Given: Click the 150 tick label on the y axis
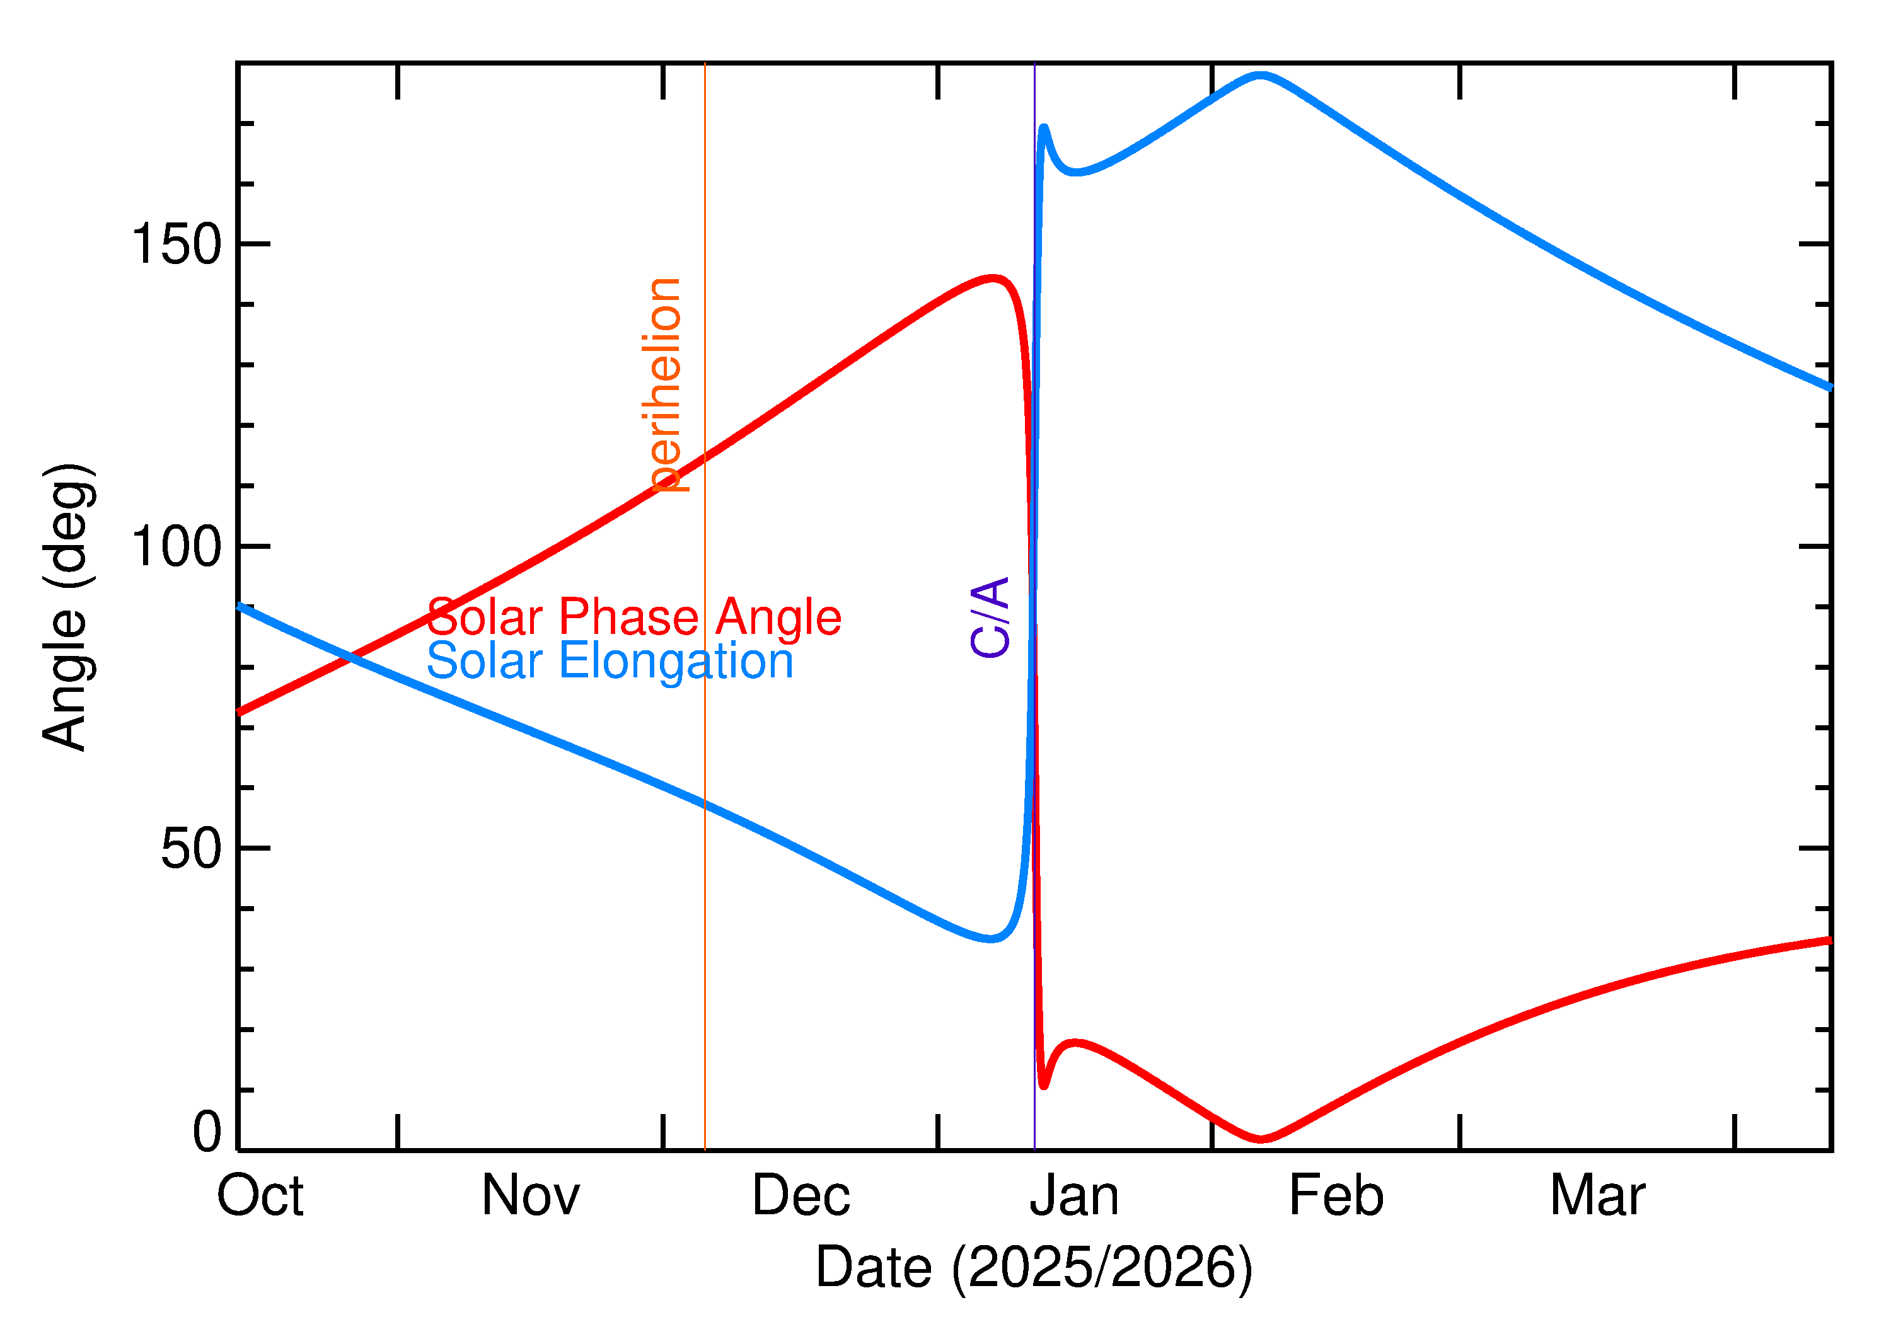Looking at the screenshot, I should tap(176, 245).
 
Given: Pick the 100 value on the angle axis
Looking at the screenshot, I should tap(176, 547).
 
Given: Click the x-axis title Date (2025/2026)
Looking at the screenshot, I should tap(1033, 1267).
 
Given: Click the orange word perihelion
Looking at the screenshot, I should tap(665, 385).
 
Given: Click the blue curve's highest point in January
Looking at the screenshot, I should tap(1260, 75).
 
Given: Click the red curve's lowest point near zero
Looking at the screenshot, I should tap(1261, 1139).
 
